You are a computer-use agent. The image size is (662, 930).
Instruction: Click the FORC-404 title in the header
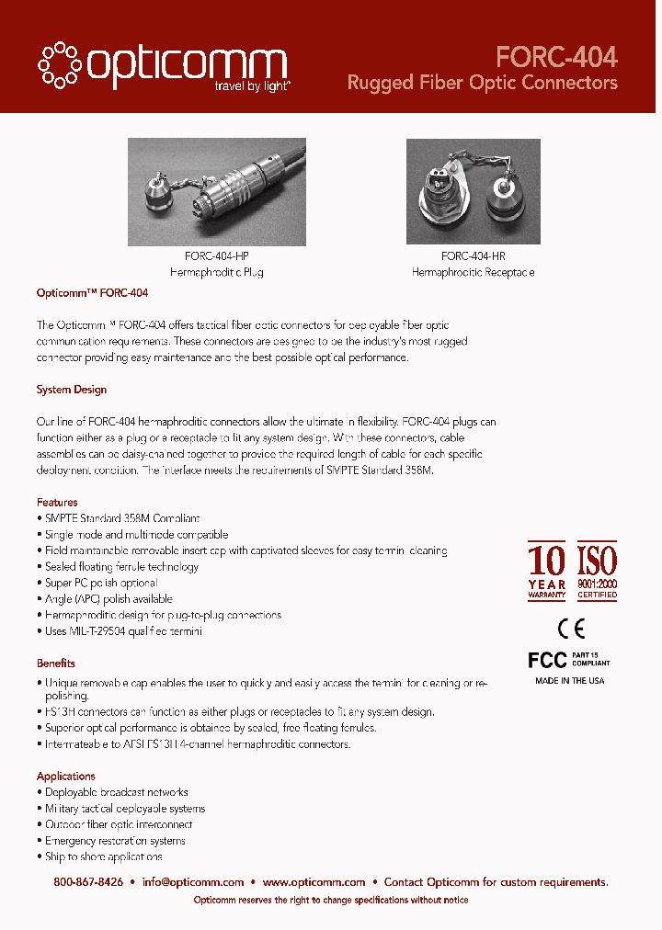[x=556, y=57]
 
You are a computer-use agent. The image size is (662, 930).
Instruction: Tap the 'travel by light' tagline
[x=253, y=85]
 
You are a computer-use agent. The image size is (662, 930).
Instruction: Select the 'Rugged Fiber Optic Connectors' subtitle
[x=482, y=83]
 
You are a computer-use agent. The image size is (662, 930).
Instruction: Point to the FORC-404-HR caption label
[x=473, y=256]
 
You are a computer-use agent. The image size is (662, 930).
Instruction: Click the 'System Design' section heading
[x=72, y=390]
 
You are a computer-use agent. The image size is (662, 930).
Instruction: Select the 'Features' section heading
[x=57, y=503]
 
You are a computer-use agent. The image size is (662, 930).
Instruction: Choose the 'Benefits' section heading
[x=56, y=663]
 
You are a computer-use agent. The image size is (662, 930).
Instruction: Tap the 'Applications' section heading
[x=66, y=777]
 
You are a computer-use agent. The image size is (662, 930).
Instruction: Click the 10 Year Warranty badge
[x=547, y=571]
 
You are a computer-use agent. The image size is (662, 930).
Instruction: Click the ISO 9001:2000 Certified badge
[x=597, y=571]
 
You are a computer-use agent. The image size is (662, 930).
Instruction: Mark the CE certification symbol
[x=571, y=629]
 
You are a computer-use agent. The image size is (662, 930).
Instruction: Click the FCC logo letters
[x=547, y=660]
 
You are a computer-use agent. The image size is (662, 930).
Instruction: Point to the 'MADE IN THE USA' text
[x=570, y=681]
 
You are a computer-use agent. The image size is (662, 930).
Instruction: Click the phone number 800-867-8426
[x=88, y=882]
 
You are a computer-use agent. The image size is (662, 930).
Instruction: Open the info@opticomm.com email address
[x=193, y=882]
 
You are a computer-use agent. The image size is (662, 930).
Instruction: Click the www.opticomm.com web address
[x=314, y=882]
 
